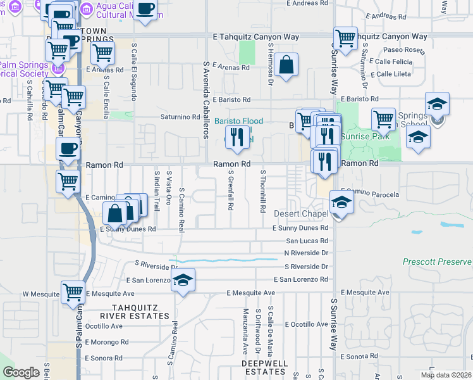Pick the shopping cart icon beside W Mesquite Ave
click(x=73, y=293)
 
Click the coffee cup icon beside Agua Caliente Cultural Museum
click(x=145, y=9)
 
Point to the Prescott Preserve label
click(x=437, y=262)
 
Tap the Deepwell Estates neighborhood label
click(x=264, y=367)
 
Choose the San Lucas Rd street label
click(x=307, y=241)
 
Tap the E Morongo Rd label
click(x=106, y=342)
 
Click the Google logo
click(x=21, y=372)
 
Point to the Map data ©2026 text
click(x=446, y=375)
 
